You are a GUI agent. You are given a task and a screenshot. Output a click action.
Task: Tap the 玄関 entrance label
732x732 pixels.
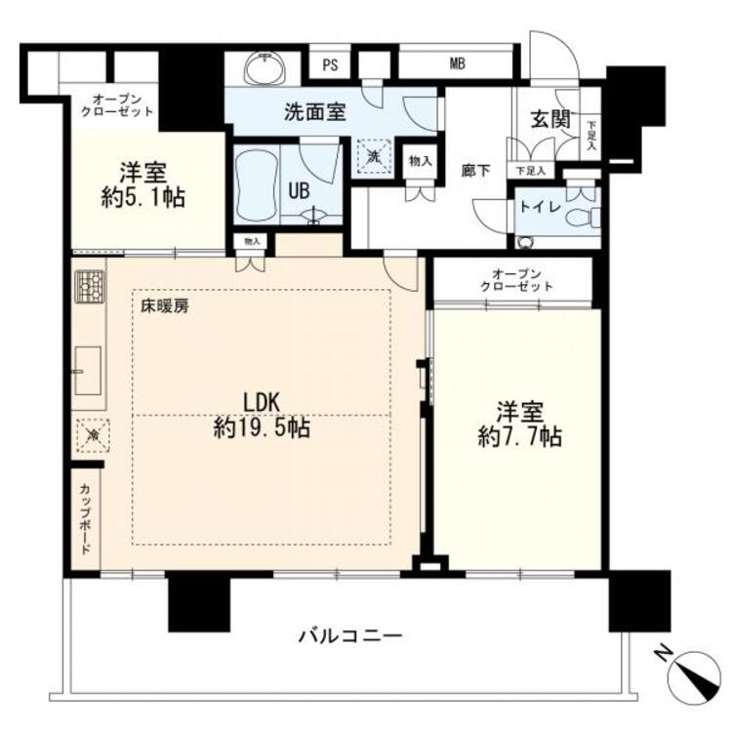tap(549, 120)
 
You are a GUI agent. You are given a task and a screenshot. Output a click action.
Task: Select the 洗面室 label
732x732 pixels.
tap(315, 111)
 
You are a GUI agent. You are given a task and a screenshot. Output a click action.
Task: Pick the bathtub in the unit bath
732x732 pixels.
tap(256, 184)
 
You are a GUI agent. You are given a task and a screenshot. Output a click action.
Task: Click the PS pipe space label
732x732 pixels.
tap(330, 66)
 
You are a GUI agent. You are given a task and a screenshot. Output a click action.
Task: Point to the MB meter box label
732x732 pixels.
tap(457, 66)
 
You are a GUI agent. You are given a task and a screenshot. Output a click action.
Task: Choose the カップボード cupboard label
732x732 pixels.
tap(86, 518)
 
